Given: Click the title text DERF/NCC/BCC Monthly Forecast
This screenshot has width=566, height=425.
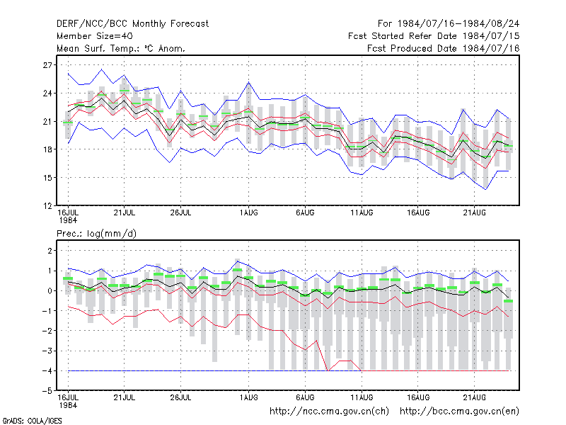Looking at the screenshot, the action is pos(132,24).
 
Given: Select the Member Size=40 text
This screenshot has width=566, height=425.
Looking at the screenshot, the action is pos(95,36).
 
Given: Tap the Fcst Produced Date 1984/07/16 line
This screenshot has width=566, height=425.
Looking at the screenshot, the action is pos(444,48).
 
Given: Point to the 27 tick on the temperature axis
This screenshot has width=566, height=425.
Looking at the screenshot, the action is pos(47,65).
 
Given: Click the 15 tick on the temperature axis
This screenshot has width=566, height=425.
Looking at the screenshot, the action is pos(47,178).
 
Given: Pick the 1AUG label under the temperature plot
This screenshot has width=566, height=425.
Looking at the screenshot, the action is pos(249,213).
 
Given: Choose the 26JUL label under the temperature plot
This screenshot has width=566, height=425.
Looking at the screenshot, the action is pos(180,213).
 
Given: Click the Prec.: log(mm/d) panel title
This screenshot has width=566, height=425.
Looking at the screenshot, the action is pos(96,234).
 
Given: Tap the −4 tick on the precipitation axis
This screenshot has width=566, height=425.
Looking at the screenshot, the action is pos(47,371).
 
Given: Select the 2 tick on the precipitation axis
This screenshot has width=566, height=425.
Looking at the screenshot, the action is pos(50,251).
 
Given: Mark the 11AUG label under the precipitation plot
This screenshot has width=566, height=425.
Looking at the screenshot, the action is pos(362,398).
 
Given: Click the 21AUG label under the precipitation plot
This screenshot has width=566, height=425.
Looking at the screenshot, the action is pos(475,398).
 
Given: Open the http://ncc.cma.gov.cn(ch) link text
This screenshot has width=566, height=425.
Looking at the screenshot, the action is pos(329,412).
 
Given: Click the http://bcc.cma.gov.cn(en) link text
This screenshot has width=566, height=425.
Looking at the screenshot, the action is pos(459,412).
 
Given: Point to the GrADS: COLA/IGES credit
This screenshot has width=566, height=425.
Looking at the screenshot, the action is pos(32,421).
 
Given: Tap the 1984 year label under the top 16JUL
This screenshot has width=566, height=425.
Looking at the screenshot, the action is pos(68,220).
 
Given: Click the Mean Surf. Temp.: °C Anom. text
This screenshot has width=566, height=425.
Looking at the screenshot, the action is pos(121,48).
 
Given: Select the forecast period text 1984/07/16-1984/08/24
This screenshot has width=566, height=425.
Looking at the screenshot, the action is pos(458,24).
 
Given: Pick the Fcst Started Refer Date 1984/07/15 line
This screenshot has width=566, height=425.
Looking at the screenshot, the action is pos(434,36).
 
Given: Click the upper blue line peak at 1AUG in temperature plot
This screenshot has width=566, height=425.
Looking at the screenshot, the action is pos(249,82).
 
